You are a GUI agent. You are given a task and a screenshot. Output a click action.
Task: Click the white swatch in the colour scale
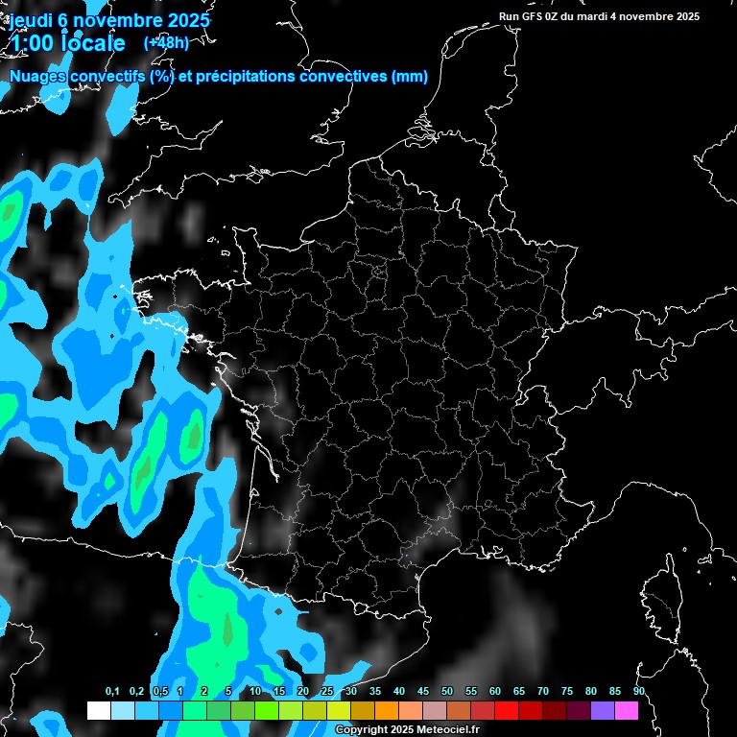pos(99,710)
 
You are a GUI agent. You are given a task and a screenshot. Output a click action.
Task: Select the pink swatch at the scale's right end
pos(627,710)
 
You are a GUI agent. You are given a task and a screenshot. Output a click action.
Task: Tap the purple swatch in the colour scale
pos(603,710)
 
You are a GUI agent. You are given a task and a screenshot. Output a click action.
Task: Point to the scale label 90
pos(638,692)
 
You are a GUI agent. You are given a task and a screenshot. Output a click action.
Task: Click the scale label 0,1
pos(112,692)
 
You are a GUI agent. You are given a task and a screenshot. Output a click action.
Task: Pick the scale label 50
pos(447,692)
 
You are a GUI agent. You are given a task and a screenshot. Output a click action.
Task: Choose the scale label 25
pos(327,692)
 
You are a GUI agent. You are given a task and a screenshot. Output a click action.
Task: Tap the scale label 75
pos(566,692)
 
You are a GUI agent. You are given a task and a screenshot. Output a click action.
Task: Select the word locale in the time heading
pos(92,43)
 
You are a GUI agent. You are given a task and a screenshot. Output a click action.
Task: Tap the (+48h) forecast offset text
pos(166,42)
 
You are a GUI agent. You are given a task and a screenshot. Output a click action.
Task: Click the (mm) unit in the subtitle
pos(410,77)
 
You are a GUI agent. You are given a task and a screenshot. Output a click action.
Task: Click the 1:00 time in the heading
pos(31,43)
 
